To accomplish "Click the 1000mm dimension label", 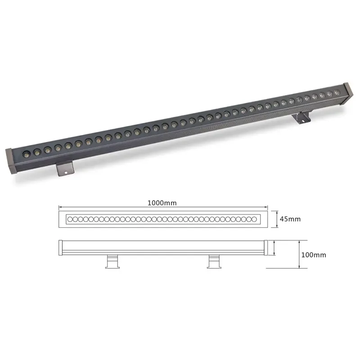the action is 162,203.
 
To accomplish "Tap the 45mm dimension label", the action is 290,219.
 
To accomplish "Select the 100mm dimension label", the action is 314,255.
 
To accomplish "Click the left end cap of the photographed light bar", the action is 10,161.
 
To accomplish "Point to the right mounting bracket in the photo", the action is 301,117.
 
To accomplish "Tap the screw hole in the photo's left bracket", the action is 66,172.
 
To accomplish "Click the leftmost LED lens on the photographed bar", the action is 27,153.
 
